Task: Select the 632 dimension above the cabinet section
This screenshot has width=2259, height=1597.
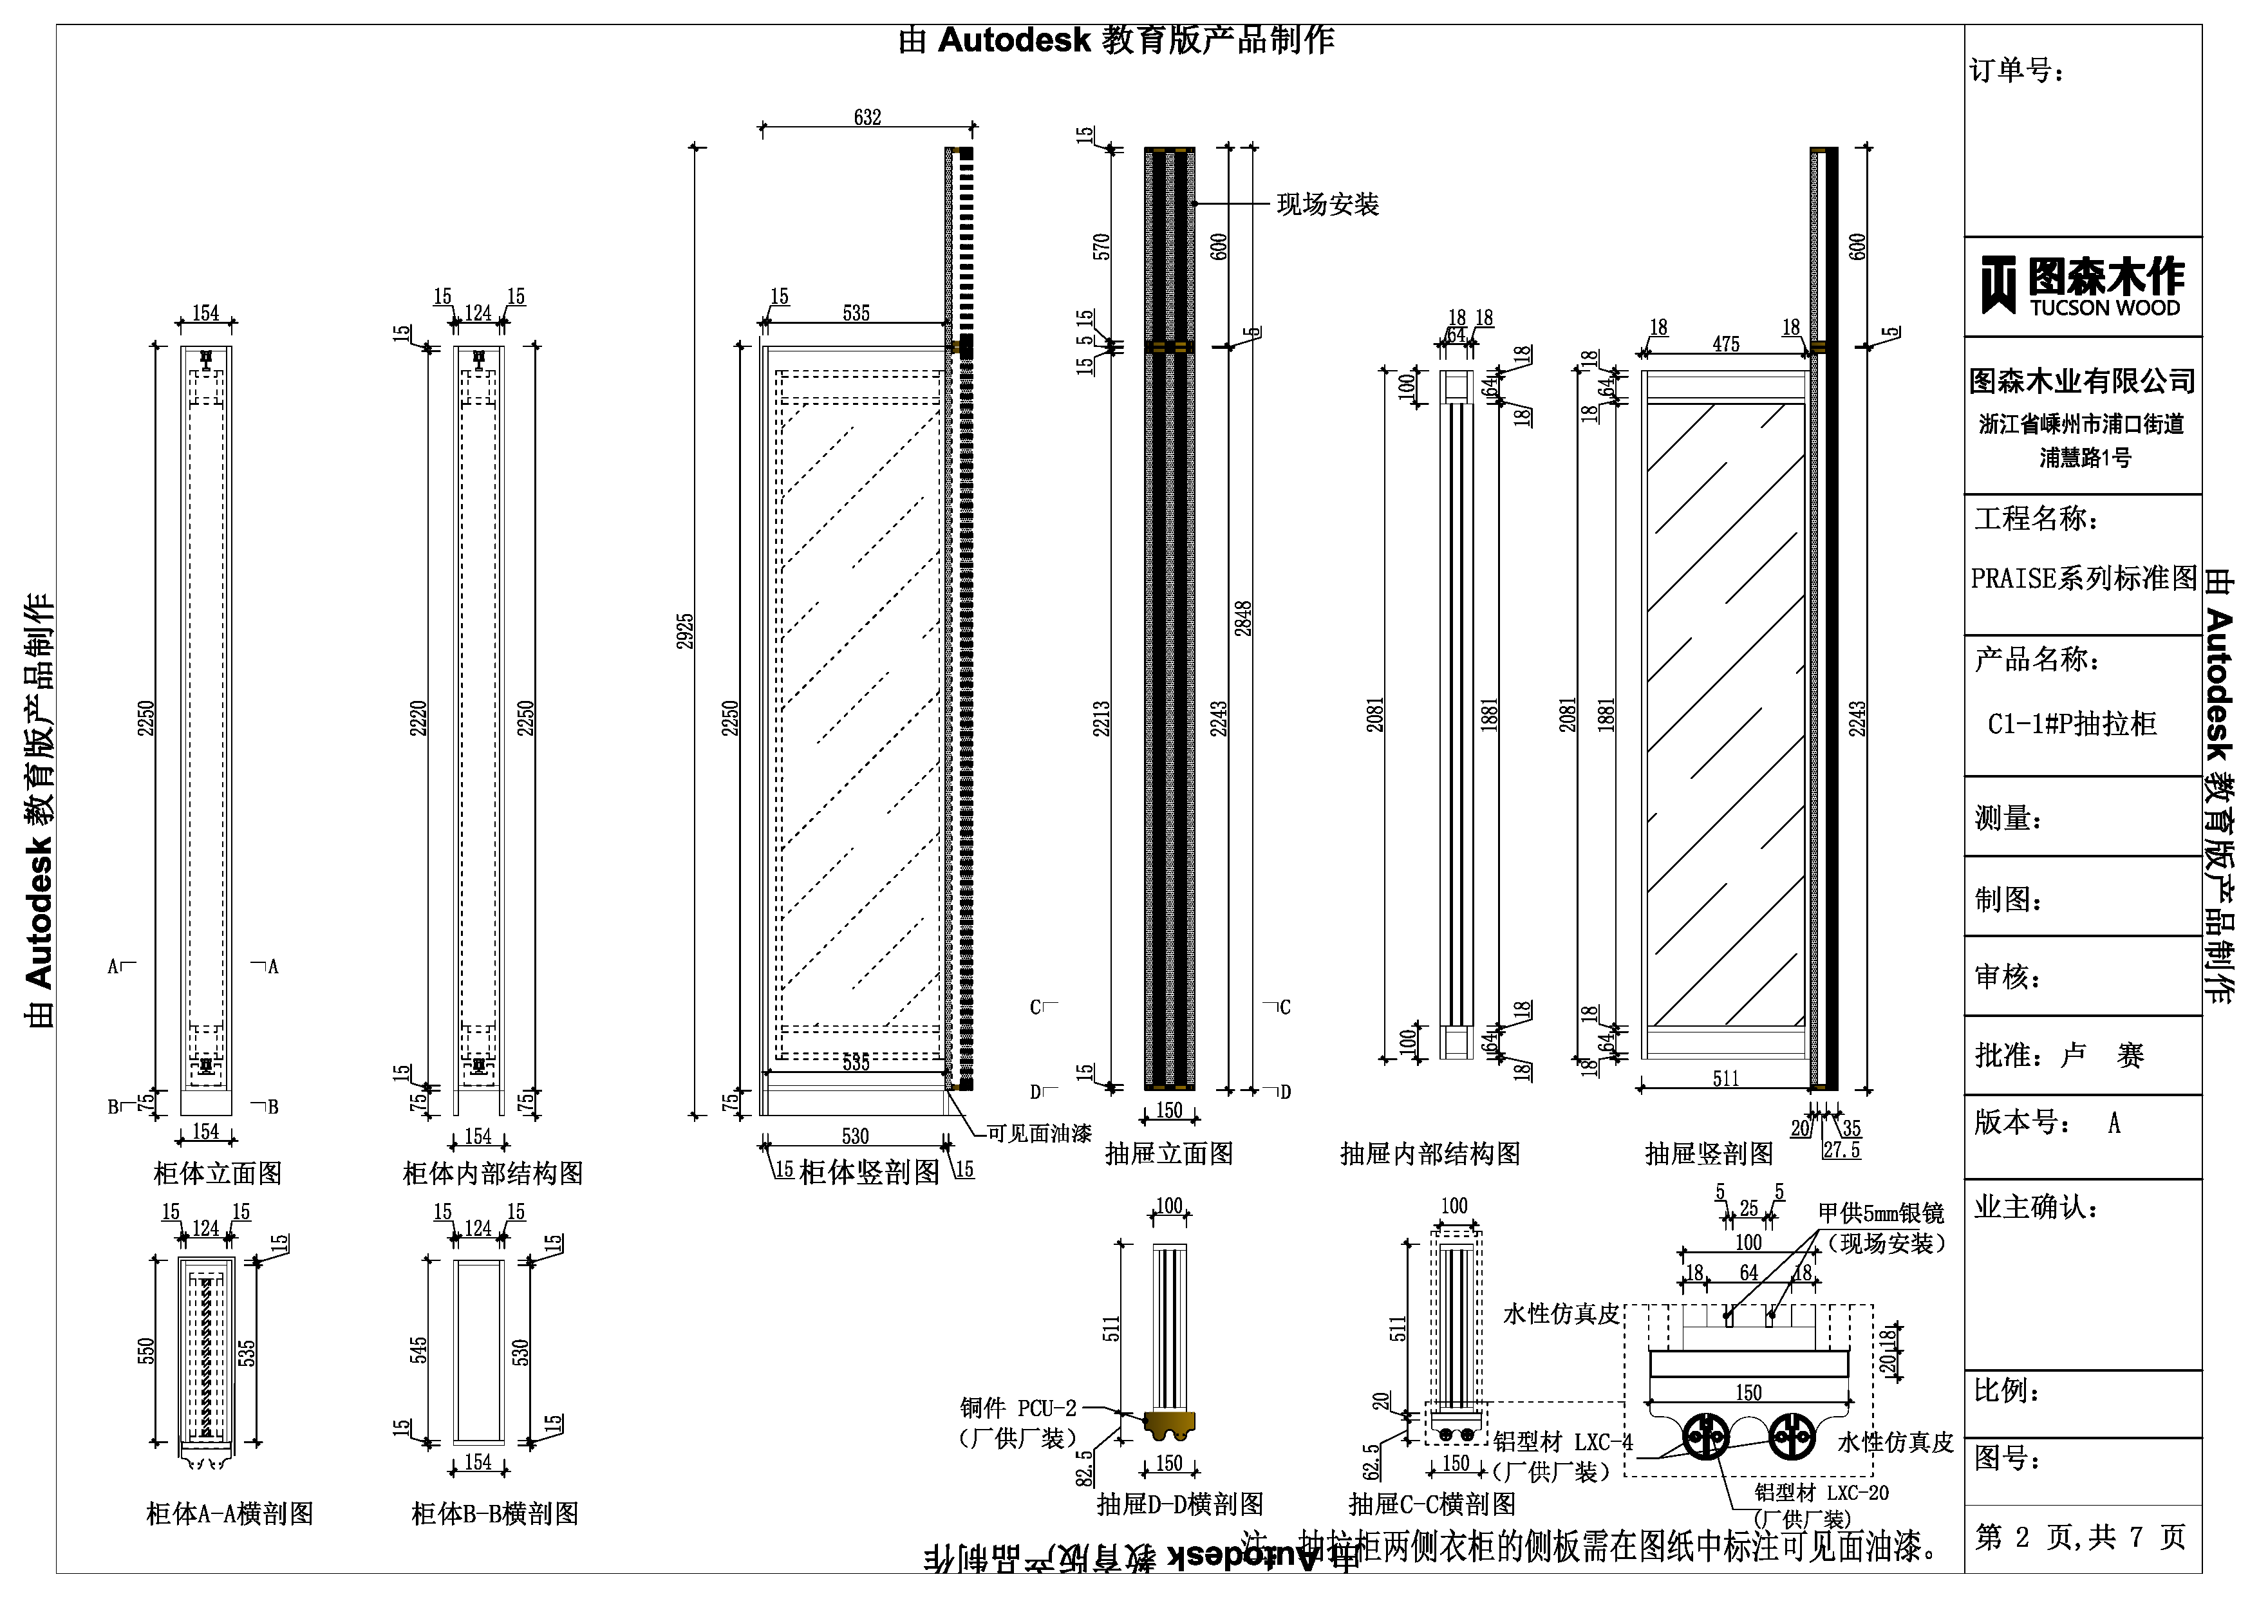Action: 867,117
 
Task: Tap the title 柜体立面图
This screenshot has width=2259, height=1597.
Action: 218,1173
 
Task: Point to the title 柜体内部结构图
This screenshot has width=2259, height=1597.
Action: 493,1173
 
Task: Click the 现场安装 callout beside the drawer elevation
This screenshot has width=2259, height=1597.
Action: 1327,205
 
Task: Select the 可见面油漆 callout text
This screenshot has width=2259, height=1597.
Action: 1039,1134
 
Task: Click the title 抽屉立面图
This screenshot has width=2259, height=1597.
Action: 1169,1153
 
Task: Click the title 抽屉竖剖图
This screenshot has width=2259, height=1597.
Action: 1709,1153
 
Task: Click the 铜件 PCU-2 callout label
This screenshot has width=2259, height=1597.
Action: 1018,1408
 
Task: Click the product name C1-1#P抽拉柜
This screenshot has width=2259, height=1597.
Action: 2072,724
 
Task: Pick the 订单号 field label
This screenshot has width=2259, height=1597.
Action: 2017,71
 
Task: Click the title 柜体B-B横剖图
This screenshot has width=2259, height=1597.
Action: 495,1513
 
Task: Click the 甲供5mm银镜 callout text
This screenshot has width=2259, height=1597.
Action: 1880,1214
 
